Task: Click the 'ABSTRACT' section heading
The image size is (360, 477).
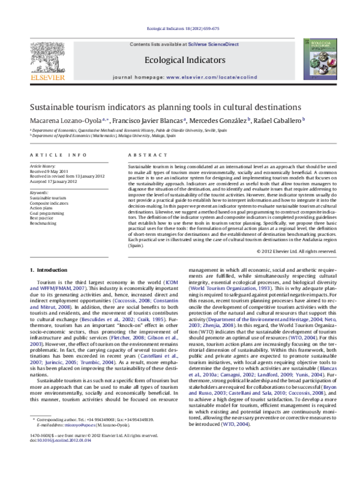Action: [144, 155]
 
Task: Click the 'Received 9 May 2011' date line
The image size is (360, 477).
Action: [50, 170]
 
